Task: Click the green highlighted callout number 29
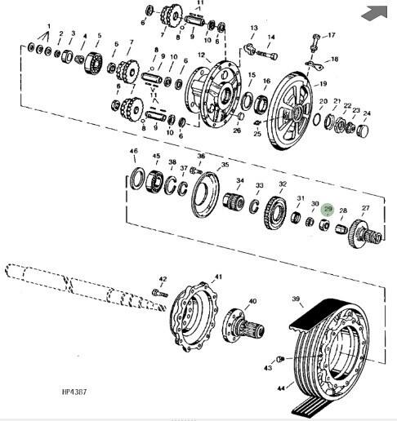[x=328, y=209]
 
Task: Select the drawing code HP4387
[x=74, y=392]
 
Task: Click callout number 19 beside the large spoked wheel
[x=323, y=83]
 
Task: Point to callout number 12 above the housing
[x=201, y=55]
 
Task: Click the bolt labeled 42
[x=160, y=294]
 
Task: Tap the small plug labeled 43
[x=280, y=359]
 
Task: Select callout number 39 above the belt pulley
[x=296, y=299]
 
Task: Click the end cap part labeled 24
[x=363, y=131]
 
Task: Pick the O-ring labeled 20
[x=317, y=119]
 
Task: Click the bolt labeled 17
[x=314, y=42]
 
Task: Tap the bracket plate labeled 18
[x=314, y=65]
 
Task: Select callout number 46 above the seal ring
[x=134, y=151]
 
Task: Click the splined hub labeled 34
[x=234, y=202]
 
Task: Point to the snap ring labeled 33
[x=254, y=206]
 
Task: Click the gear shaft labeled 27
[x=365, y=233]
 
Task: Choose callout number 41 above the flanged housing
[x=219, y=277]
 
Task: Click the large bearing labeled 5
[x=94, y=63]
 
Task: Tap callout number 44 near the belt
[x=281, y=388]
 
